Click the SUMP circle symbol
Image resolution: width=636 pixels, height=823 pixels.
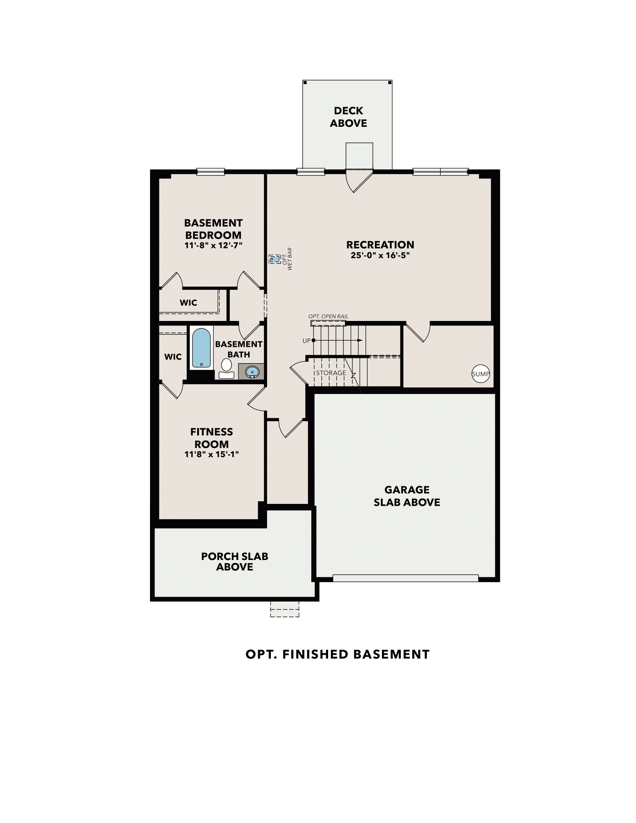[480, 374]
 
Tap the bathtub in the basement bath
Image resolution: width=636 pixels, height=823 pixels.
[201, 348]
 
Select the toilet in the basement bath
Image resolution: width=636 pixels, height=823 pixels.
[226, 368]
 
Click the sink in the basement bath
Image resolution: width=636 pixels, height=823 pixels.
[251, 372]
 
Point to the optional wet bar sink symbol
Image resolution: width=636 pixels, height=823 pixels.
[274, 259]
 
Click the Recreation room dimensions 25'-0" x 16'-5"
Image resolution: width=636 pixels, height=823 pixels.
[380, 255]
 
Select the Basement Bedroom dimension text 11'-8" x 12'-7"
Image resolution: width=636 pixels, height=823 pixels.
[213, 245]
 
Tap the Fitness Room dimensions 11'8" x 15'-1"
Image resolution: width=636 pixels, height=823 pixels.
[211, 454]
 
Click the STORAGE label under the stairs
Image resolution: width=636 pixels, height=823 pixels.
[331, 373]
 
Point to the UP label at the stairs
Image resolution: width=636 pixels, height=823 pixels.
[306, 341]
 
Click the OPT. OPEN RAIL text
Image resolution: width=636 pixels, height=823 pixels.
[328, 316]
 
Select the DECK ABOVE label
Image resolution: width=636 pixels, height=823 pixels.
[348, 117]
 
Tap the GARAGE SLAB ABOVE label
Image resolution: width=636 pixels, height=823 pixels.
[407, 496]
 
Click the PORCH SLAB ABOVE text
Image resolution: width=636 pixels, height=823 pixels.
[234, 562]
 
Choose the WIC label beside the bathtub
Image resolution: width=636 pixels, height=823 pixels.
[173, 357]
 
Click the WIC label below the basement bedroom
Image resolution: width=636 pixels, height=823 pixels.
[188, 303]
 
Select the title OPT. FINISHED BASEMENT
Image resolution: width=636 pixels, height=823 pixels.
[337, 654]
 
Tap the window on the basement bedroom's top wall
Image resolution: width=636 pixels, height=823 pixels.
[211, 172]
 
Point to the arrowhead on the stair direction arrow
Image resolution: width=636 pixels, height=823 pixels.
[360, 340]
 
